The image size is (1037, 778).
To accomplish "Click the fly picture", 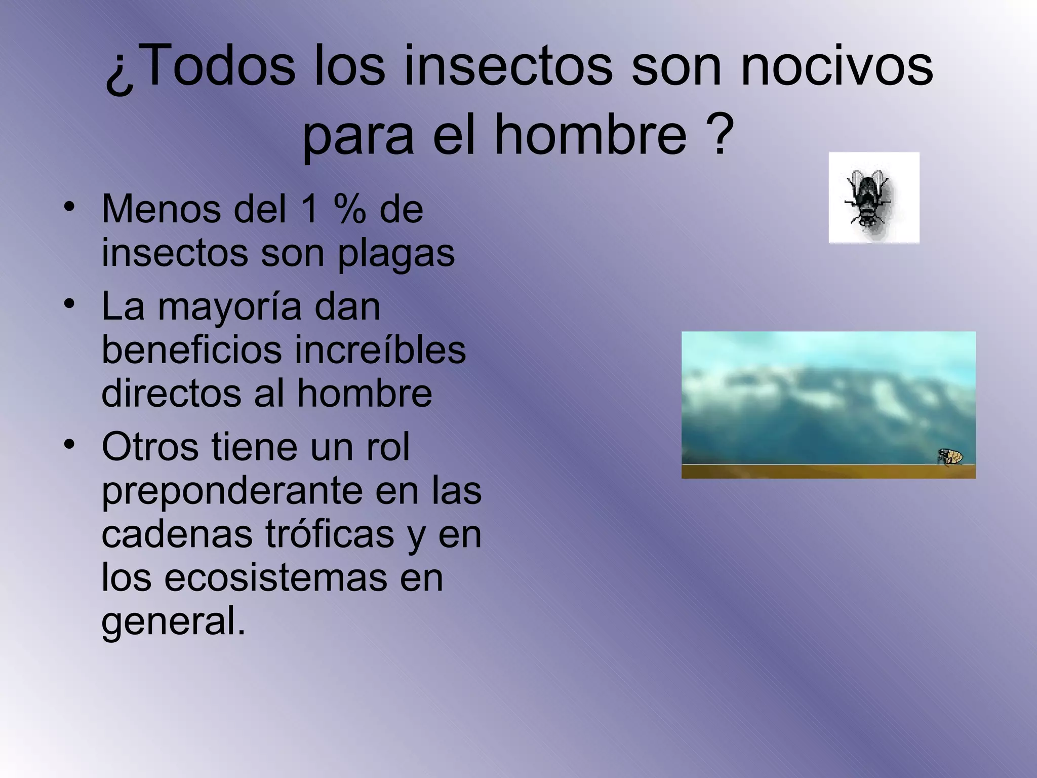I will point(873,198).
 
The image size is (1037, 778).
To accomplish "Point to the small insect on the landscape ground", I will point(950,456).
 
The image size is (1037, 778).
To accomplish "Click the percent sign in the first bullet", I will point(349,209).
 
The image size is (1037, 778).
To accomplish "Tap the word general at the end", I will point(172,621).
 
